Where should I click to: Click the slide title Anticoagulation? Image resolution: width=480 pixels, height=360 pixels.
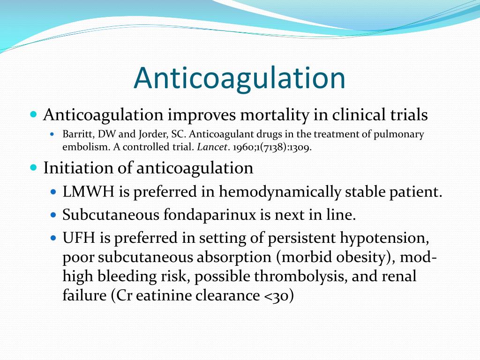tap(240, 78)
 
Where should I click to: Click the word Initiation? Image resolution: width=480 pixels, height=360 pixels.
tap(73, 168)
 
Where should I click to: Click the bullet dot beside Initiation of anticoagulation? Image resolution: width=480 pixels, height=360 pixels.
tap(33, 167)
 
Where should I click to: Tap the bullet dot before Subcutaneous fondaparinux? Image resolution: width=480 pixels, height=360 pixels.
tap(53, 215)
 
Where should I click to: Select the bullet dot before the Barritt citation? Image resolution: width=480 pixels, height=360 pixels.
tap(52, 134)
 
